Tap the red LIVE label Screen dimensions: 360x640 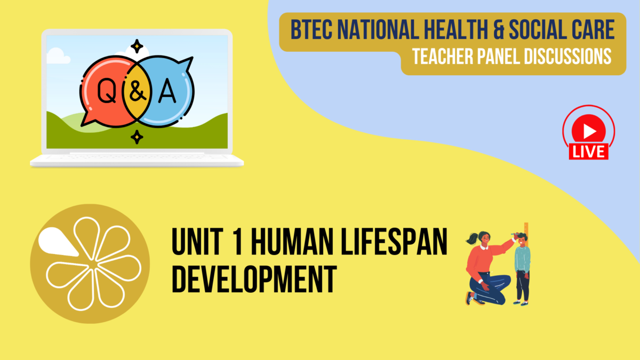click(589, 151)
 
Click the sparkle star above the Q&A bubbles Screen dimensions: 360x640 click(138, 46)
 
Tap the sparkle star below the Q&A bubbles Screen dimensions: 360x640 click(137, 137)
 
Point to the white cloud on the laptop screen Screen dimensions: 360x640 click(58, 56)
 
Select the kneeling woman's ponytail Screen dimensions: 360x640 click(472, 238)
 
